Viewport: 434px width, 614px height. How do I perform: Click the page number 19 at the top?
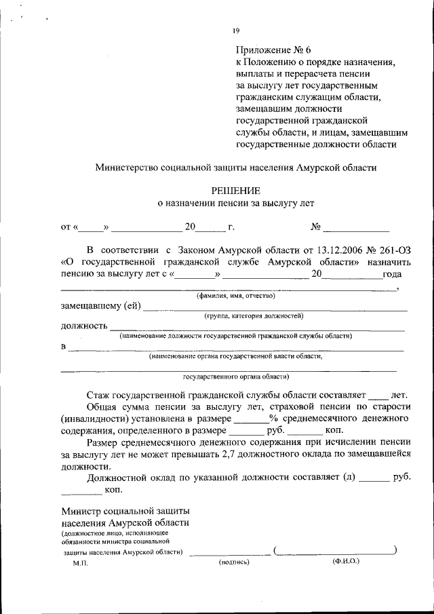point(236,31)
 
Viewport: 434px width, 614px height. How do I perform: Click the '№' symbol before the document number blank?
point(315,227)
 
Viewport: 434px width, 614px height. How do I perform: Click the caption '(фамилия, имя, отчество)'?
point(235,296)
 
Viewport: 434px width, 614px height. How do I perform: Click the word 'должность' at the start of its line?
point(84,326)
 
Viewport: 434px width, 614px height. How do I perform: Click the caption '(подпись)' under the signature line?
point(235,562)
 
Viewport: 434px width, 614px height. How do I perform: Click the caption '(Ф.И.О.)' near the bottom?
point(346,562)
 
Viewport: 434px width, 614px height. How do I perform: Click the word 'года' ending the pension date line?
point(392,274)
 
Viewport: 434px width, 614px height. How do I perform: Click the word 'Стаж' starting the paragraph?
point(98,394)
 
